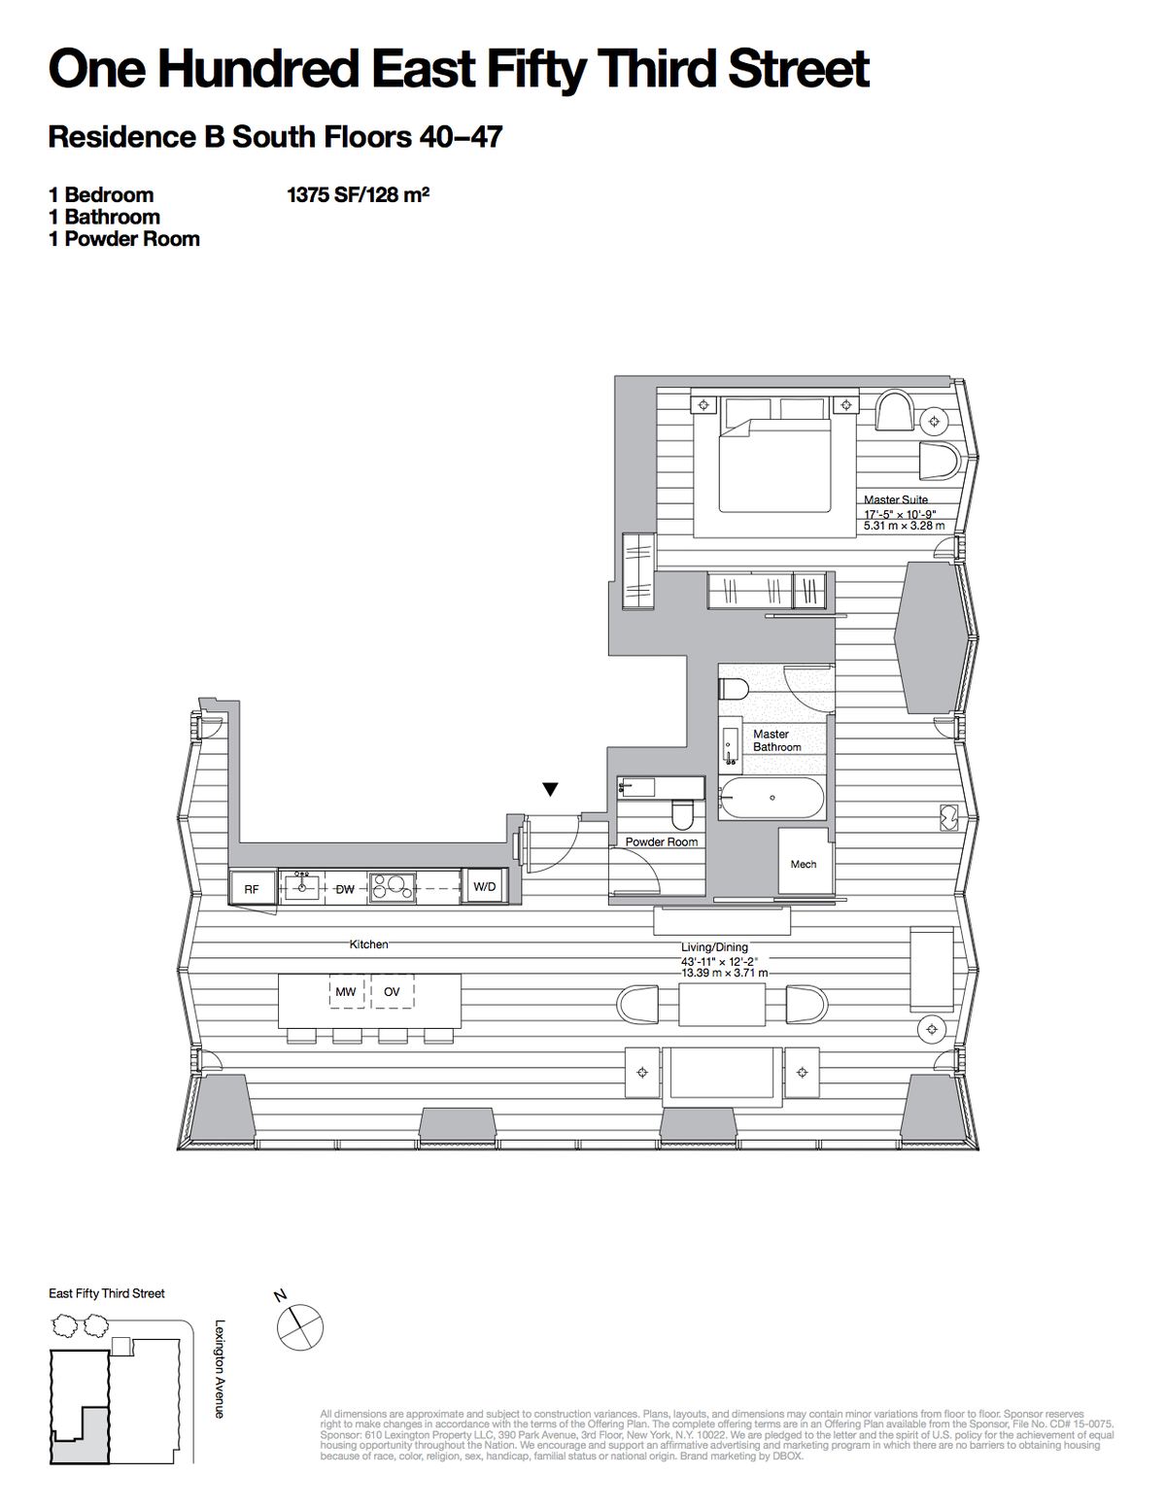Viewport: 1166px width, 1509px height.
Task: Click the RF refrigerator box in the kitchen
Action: pos(252,889)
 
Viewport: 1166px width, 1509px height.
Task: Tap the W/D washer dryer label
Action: pos(484,886)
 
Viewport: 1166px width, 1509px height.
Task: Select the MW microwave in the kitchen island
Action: pos(346,992)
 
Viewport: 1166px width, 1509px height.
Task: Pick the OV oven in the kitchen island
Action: pos(392,992)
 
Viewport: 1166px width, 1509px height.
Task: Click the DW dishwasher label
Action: pos(345,889)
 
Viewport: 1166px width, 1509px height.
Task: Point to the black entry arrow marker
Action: pos(550,790)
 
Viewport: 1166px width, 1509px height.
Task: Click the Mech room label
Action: pos(804,864)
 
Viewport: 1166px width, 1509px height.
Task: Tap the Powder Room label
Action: pos(661,841)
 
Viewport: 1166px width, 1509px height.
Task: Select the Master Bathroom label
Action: pos(776,740)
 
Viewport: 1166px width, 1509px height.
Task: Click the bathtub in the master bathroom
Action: pos(772,799)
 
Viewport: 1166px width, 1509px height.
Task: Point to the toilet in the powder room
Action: pos(683,813)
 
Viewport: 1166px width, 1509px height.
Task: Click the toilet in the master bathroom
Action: pos(733,689)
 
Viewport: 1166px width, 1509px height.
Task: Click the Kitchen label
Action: pos(368,943)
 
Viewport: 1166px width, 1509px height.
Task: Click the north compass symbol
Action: pos(299,1326)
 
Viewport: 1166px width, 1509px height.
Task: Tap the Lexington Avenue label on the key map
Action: pos(220,1368)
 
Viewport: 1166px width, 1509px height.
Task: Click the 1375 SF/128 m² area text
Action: pos(358,194)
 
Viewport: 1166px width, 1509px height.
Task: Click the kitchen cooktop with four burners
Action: pos(392,886)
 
